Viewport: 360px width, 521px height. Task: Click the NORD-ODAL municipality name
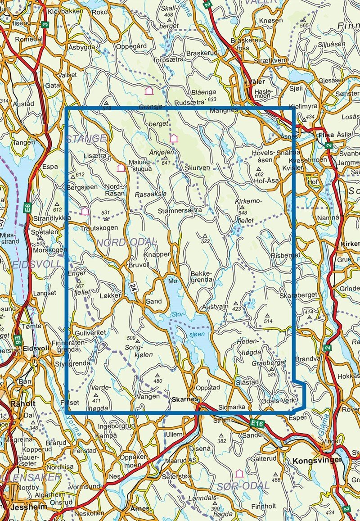pos(126,243)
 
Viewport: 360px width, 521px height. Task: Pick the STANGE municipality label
pos(86,138)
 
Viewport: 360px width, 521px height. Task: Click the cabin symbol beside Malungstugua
pos(121,168)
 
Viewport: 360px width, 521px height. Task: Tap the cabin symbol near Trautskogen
pos(85,211)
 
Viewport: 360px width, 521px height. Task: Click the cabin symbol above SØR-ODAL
pos(239,473)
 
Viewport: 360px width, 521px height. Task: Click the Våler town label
pos(255,82)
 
